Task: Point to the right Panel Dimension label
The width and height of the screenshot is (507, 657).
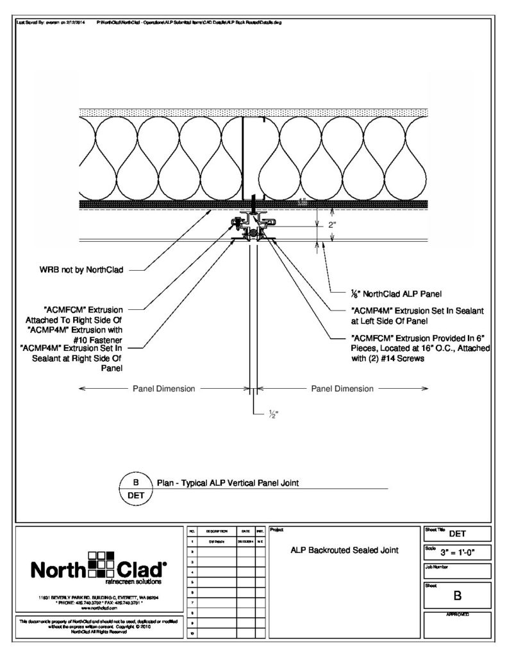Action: click(342, 388)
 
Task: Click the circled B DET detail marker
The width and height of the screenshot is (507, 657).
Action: click(135, 488)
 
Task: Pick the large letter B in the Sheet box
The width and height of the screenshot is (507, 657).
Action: click(458, 595)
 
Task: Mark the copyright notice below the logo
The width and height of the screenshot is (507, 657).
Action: click(99, 626)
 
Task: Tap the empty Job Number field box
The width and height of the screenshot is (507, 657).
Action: click(458, 573)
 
